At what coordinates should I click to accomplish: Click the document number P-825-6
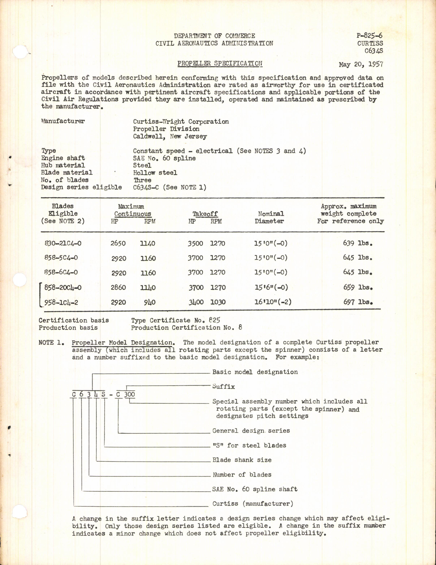pos(369,36)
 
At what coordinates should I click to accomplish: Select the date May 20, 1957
pos(361,65)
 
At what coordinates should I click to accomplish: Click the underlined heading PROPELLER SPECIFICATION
pos(220,63)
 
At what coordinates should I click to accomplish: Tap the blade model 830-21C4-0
pos(63,243)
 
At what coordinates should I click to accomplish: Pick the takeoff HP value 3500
pos(195,244)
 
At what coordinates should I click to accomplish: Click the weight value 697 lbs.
pos(358,302)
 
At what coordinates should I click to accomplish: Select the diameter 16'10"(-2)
pos(273,302)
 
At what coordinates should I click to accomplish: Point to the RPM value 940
pos(149,302)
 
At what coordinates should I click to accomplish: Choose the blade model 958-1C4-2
pos(61,302)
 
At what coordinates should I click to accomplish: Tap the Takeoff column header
pos(205,214)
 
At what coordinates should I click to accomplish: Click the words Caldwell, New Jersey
pos(170,136)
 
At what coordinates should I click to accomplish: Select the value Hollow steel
pos(155,172)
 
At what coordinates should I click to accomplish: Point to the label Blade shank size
pos(242,460)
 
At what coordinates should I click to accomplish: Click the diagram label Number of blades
pos(242,474)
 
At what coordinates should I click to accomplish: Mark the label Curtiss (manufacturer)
pos(253,504)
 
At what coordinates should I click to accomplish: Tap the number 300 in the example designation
pos(129,394)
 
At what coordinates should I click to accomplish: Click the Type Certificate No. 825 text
pos(175,320)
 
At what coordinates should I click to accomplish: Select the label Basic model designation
pos(255,372)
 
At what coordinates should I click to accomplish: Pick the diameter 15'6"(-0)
pos(271,288)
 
